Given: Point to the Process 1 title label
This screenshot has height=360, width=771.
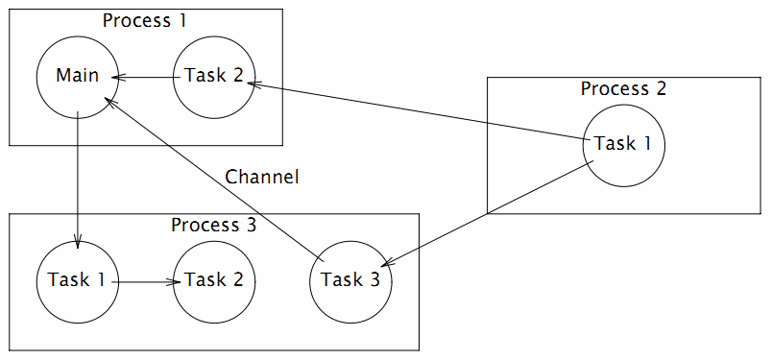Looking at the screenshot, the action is [x=145, y=21].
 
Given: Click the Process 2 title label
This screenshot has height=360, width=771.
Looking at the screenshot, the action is [x=623, y=89].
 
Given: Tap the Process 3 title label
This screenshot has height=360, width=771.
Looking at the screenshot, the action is [x=214, y=226].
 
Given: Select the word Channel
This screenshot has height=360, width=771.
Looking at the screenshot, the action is [x=262, y=177].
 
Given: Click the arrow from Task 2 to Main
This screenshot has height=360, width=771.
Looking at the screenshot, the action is [x=146, y=77].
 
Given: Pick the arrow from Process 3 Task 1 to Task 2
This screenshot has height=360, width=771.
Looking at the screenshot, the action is [x=147, y=282].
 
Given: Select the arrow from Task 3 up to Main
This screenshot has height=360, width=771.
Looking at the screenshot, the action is [x=212, y=177].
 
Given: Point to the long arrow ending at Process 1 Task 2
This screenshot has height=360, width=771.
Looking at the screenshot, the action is [x=419, y=112].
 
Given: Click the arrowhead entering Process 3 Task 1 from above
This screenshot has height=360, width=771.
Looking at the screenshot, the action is [x=78, y=242].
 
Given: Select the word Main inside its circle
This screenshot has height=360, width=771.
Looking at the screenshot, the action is [x=78, y=76].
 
